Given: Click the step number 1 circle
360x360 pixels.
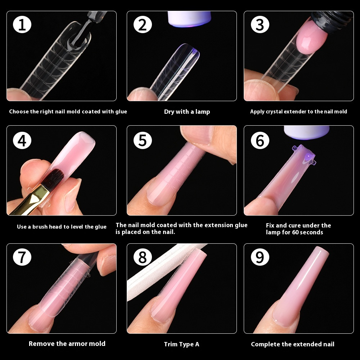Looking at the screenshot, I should (x=22, y=25).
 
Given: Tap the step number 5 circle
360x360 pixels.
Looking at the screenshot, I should (x=143, y=140).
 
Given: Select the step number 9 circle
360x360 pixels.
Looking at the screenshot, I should (x=260, y=257).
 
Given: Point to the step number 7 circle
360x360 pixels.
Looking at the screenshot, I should (x=22, y=257).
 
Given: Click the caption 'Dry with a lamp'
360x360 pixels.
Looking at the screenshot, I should (x=187, y=112).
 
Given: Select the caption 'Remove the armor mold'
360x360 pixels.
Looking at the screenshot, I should (x=67, y=343).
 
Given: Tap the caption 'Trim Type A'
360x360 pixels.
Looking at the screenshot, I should (x=181, y=344).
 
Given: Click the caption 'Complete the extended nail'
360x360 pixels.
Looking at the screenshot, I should (x=292, y=344).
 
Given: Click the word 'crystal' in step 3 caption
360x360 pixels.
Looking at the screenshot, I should (x=274, y=112).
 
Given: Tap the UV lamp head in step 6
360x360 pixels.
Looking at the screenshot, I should (x=306, y=131).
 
